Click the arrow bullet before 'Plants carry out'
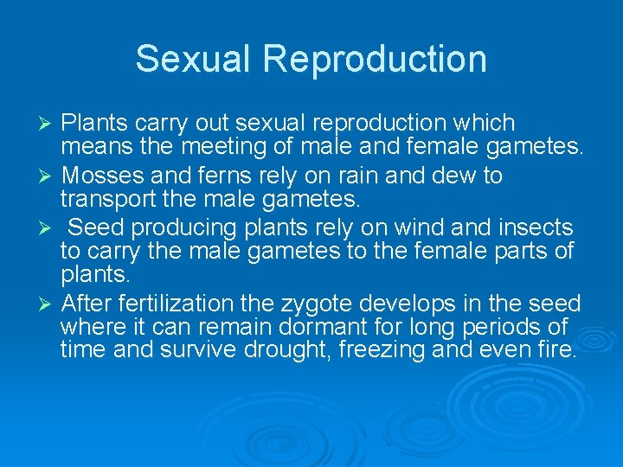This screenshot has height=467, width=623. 48,124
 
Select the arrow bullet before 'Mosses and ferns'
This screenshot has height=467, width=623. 48,176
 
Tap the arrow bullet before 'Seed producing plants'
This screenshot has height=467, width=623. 48,228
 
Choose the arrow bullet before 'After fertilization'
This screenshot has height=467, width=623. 48,304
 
